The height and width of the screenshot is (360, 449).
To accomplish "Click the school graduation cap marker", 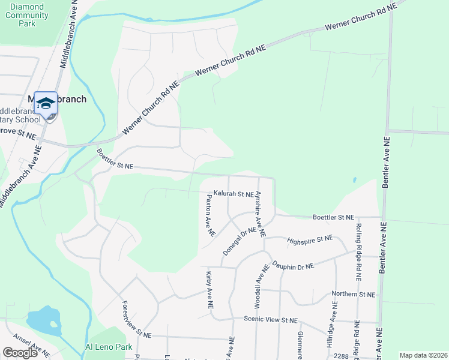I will pos(46,104).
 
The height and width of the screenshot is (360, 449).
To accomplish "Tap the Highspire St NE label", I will pos(310,239).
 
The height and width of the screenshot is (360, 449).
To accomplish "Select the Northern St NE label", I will pos(354,295).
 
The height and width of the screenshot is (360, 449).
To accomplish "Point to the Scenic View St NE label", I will pos(270,320).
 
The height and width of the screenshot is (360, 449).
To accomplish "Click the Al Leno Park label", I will pos(108,347).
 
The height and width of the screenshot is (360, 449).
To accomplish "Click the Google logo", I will pos(20,353).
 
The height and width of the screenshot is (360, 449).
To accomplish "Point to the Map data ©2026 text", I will pos(423,355).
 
